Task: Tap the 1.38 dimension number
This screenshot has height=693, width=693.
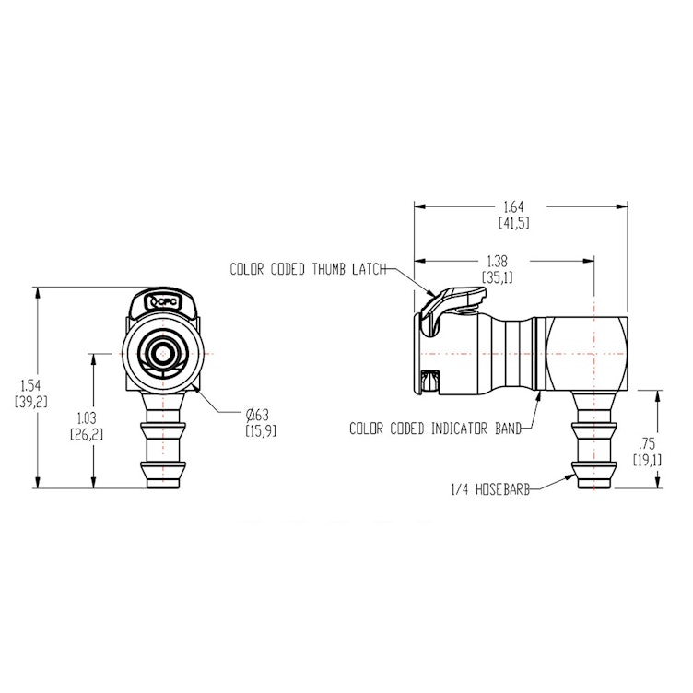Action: [496, 262]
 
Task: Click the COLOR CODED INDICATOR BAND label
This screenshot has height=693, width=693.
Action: [435, 428]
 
